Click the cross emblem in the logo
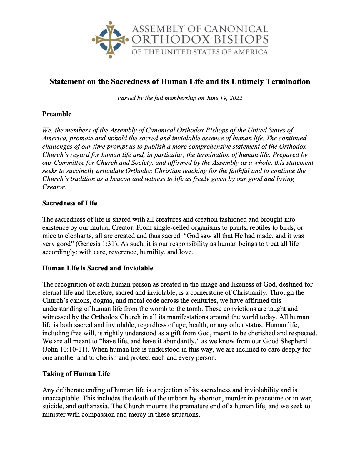[110, 39]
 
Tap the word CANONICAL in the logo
[236, 29]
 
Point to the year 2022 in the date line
[235, 98]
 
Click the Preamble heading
[57, 114]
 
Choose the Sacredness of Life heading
[70, 203]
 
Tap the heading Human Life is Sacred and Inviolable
[98, 268]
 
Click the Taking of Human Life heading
[76, 374]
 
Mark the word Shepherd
[293, 342]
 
